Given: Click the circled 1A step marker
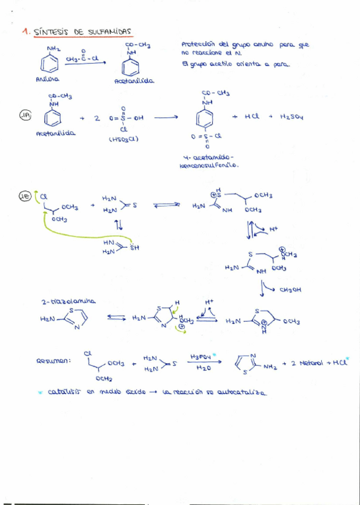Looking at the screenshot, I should pos(26,116).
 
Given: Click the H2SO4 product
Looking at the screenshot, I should pos(292,117).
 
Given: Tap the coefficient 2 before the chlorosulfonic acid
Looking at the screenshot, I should pos(96,118).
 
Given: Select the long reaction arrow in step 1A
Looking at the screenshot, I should pos(166,117).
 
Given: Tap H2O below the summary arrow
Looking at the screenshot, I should pos(203,369).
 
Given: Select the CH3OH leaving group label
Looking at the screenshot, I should pos(290,290).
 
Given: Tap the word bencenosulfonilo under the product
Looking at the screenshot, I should pos(208,166).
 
